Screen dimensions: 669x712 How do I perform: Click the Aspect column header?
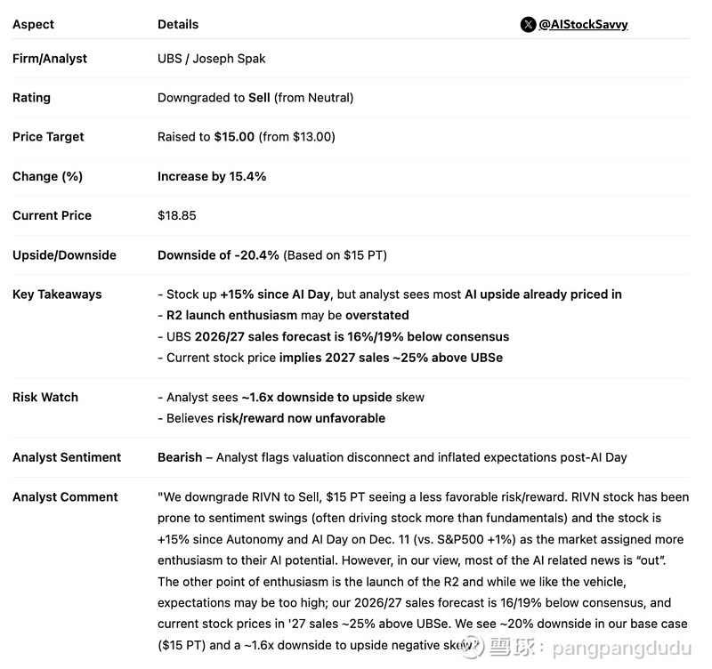click(x=33, y=24)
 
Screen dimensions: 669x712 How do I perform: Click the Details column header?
click(x=178, y=24)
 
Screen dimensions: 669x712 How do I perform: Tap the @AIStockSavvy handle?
click(x=583, y=24)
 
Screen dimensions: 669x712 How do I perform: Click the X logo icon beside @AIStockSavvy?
click(x=528, y=24)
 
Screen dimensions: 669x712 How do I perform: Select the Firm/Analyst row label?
click(x=50, y=59)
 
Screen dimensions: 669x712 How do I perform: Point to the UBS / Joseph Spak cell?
click(x=211, y=59)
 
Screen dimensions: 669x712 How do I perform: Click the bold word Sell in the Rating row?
click(x=260, y=98)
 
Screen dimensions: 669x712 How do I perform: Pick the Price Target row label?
click(x=48, y=137)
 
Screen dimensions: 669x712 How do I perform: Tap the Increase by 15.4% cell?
click(x=212, y=176)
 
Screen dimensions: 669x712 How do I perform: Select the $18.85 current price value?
click(x=176, y=215)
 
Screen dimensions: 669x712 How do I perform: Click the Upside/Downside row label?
click(x=64, y=255)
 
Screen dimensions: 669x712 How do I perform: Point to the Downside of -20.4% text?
click(x=218, y=255)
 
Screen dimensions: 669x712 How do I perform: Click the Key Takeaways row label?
click(x=57, y=294)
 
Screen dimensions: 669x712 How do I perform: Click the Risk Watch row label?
click(x=45, y=398)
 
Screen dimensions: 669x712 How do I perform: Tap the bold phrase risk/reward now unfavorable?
click(x=300, y=418)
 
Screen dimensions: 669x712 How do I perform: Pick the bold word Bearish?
click(x=180, y=457)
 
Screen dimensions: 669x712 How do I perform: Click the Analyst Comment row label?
click(x=65, y=497)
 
